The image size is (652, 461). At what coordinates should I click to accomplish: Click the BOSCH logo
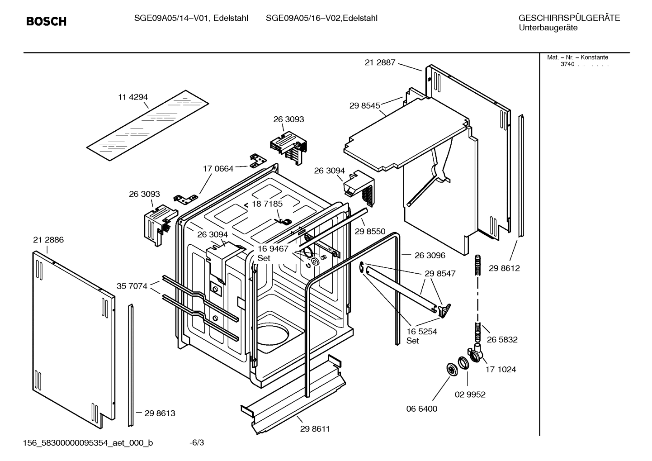pyautogui.click(x=46, y=21)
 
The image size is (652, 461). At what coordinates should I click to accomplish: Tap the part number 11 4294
pyautogui.click(x=133, y=97)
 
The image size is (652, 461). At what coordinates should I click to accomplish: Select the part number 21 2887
pyautogui.click(x=380, y=63)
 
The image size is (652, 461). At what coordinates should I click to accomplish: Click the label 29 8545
pyautogui.click(x=364, y=105)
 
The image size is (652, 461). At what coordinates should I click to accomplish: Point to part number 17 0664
pyautogui.click(x=218, y=169)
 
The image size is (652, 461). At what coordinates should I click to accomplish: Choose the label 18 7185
pyautogui.click(x=267, y=204)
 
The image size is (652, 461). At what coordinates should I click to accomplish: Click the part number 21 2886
pyautogui.click(x=48, y=240)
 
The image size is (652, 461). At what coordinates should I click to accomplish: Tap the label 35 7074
pyautogui.click(x=132, y=286)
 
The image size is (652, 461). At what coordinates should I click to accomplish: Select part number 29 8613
pyautogui.click(x=160, y=413)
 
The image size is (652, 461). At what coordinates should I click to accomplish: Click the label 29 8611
pyautogui.click(x=315, y=429)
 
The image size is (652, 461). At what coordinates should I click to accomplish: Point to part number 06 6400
pyautogui.click(x=421, y=409)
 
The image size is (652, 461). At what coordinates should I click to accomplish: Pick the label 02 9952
pyautogui.click(x=470, y=394)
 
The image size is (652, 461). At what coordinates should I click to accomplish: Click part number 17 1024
pyautogui.click(x=501, y=370)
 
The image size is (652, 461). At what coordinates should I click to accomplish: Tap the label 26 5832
pyautogui.click(x=502, y=339)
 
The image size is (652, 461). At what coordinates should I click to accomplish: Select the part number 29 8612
pyautogui.click(x=504, y=268)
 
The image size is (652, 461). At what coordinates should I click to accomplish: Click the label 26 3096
pyautogui.click(x=430, y=255)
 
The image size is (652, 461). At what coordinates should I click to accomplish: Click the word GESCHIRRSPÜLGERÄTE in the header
pyautogui.click(x=569, y=18)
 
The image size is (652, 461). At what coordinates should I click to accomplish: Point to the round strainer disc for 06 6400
pyautogui.click(x=451, y=369)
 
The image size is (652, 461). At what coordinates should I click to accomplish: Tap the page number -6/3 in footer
pyautogui.click(x=197, y=442)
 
